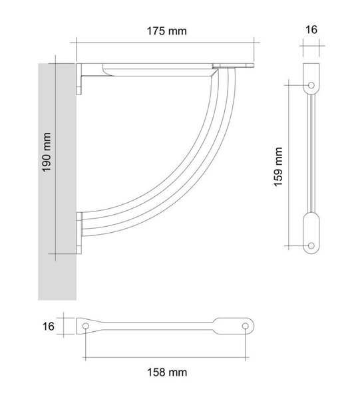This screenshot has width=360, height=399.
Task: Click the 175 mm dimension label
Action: click(167, 31)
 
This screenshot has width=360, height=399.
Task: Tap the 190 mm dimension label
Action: click(47, 152)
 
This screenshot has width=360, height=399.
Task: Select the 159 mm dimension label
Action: click(278, 167)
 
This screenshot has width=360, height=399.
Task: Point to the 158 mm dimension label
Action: click(167, 372)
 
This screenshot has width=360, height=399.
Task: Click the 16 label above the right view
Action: click(311, 29)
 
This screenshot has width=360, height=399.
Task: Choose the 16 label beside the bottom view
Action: click(49, 327)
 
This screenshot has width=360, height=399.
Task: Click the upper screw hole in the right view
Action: click(311, 85)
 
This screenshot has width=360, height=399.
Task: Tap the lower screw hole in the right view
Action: click(311, 246)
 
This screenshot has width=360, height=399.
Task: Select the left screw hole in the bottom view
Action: click(86, 326)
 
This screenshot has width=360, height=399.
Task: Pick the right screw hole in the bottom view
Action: click(245, 326)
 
